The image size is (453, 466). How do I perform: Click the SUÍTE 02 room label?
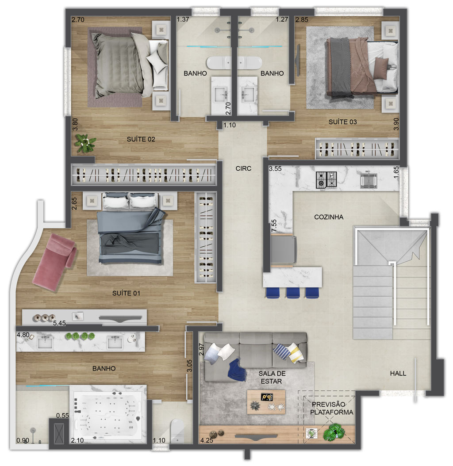click(x=141, y=139)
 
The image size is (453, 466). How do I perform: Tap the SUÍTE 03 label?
click(x=342, y=122)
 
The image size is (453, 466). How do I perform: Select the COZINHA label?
click(x=329, y=217)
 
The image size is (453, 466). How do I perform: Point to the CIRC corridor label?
click(x=243, y=168)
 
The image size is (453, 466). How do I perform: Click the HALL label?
click(x=398, y=373)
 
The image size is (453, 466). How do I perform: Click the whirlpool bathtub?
click(x=107, y=415)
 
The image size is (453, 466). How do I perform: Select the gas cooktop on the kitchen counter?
click(x=326, y=180)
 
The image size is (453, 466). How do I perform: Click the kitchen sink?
click(x=369, y=180)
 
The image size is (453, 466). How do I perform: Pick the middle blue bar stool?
click(x=293, y=292)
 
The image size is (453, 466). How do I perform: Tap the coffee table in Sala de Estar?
click(x=266, y=402)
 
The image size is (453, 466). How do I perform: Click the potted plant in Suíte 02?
click(x=85, y=143)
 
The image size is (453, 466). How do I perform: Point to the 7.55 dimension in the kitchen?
click(x=274, y=225)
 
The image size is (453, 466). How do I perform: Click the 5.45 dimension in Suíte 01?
click(x=59, y=323)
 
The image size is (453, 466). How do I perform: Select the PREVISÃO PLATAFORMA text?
click(x=332, y=409)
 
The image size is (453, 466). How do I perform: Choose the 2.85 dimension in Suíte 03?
click(x=302, y=19)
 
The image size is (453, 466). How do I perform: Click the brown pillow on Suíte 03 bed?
click(x=381, y=68)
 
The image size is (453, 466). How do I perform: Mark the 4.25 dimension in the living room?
click(x=207, y=440)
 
